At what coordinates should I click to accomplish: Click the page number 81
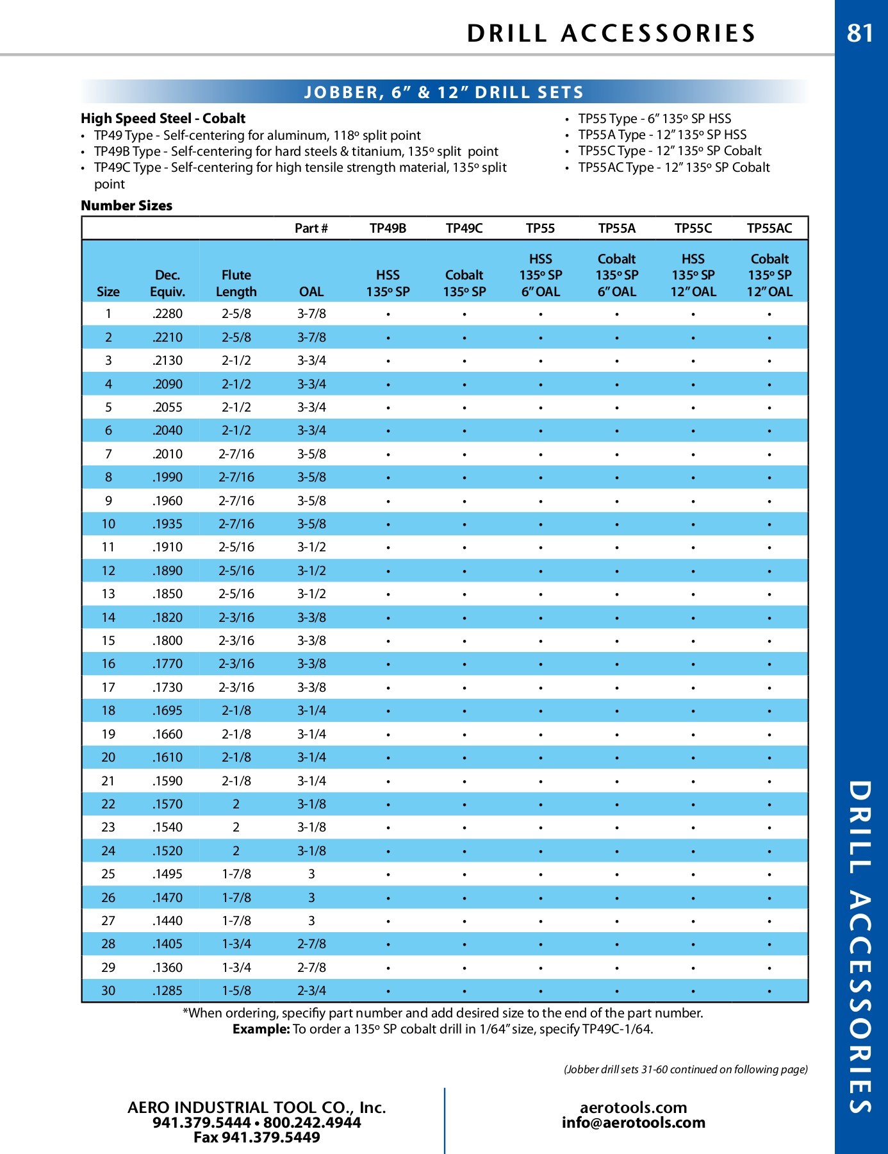tap(860, 33)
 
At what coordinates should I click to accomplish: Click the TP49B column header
tap(388, 228)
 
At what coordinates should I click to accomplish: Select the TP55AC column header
tap(769, 228)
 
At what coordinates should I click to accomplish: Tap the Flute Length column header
tap(236, 283)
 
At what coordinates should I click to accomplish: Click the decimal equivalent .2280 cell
tap(167, 314)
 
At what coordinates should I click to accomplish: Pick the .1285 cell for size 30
tap(167, 991)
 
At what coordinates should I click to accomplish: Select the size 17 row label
tap(108, 687)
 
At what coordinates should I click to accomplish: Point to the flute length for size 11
tap(236, 548)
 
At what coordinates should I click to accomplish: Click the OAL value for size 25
tap(311, 874)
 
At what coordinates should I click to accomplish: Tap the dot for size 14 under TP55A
tap(616, 618)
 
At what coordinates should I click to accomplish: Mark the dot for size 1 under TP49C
tap(465, 314)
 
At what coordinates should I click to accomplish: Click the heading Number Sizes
tap(126, 206)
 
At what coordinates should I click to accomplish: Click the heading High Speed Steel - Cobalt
tap(163, 119)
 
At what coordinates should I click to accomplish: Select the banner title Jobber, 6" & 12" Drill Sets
tap(443, 92)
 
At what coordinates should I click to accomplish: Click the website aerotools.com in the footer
tap(633, 1107)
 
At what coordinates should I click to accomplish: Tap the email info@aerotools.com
tap(633, 1123)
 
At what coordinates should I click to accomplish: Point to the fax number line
tap(256, 1137)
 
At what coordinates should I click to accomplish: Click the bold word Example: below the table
tap(261, 1029)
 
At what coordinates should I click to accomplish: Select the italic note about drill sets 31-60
tap(685, 1069)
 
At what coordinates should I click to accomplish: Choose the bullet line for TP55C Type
tap(670, 151)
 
